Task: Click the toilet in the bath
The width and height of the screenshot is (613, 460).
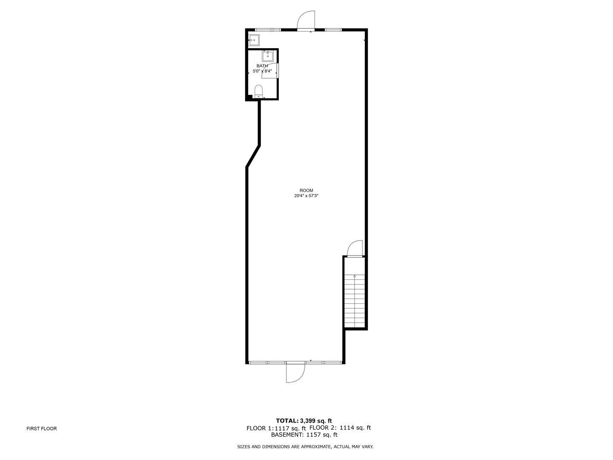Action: pos(258,91)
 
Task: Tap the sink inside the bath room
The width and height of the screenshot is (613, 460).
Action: pos(267,56)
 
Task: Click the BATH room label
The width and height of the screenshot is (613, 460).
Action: pos(262,66)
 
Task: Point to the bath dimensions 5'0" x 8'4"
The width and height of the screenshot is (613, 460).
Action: pos(262,71)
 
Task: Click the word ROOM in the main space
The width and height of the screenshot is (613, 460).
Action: pos(306,190)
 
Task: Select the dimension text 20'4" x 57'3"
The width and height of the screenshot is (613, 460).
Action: pos(306,196)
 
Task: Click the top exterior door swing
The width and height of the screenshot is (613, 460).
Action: pos(305,20)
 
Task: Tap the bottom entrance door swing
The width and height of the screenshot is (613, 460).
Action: pos(295,373)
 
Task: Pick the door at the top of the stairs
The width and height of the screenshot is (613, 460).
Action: pos(355,250)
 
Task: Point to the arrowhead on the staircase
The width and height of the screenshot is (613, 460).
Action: pos(355,276)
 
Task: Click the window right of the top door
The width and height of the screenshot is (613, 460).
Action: pos(333,29)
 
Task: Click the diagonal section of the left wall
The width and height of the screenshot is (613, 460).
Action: pos(253,156)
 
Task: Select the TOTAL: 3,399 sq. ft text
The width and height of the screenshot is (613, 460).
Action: pos(304,421)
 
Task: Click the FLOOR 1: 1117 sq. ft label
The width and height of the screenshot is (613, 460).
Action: pos(276,428)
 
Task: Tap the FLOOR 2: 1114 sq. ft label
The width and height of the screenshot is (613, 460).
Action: pos(340,428)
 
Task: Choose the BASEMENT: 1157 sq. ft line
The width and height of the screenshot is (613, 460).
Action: pos(304,435)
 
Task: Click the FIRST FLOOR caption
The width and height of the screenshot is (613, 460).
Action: pos(41,428)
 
